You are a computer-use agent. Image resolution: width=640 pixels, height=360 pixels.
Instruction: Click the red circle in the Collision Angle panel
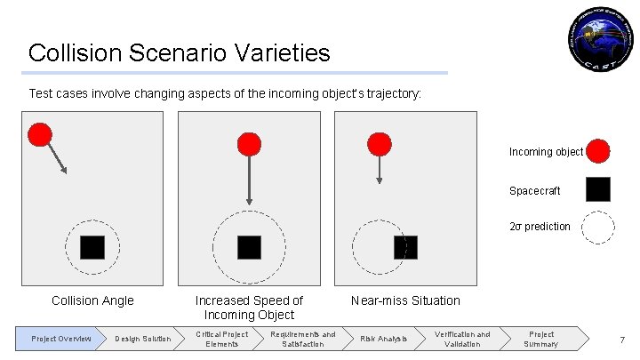tap(39, 134)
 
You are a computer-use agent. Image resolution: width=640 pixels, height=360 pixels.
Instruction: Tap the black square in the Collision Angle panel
tap(92, 247)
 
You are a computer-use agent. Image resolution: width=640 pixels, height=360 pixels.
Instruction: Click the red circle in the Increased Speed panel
tap(250, 144)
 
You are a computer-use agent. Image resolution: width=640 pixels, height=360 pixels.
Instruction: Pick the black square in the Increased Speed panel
tap(249, 247)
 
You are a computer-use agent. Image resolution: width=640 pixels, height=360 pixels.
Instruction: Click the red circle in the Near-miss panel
tap(380, 144)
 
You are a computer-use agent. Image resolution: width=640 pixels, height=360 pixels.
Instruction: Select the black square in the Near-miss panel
tap(405, 247)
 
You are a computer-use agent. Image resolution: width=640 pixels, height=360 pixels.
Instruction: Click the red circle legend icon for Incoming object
tap(598, 151)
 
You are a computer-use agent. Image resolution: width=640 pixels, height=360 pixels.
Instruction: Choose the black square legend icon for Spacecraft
tap(598, 189)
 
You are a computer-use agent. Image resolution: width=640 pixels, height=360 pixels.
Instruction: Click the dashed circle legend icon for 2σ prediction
tap(598, 227)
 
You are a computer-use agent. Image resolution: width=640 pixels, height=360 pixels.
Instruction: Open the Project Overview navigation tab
tap(60, 339)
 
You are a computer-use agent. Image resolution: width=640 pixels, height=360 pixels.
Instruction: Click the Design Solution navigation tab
tap(142, 339)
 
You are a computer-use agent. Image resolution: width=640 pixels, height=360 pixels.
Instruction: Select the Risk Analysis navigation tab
tap(383, 339)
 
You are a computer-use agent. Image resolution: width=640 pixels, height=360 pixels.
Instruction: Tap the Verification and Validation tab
tap(462, 339)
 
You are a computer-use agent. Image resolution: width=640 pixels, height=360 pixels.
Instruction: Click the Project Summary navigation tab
tap(541, 339)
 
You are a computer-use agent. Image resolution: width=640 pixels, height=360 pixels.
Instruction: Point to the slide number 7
tap(621, 340)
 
